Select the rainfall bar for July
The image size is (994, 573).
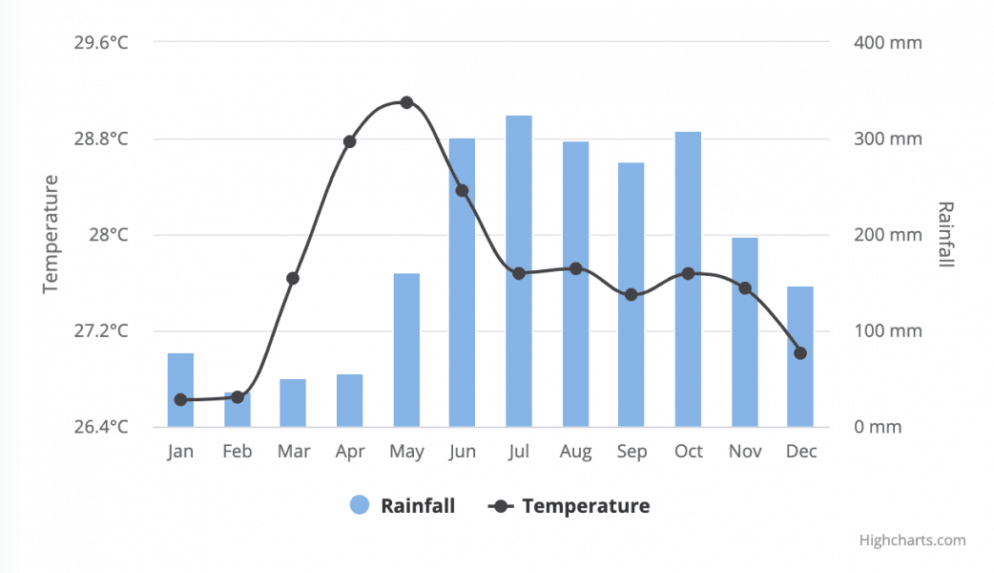519,271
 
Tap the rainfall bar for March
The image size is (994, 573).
293,403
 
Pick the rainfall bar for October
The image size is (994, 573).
688,279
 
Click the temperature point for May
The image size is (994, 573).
406,102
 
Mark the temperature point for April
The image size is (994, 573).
349,141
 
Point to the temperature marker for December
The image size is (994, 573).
800,353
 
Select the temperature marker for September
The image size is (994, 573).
632,294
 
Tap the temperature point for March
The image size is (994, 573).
293,279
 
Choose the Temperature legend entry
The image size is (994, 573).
570,506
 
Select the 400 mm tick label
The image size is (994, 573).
888,42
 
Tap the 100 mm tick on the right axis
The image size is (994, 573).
888,331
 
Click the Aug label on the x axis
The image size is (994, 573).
575,452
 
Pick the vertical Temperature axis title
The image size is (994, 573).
51,234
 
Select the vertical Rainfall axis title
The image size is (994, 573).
945,234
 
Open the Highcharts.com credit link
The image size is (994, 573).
912,541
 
